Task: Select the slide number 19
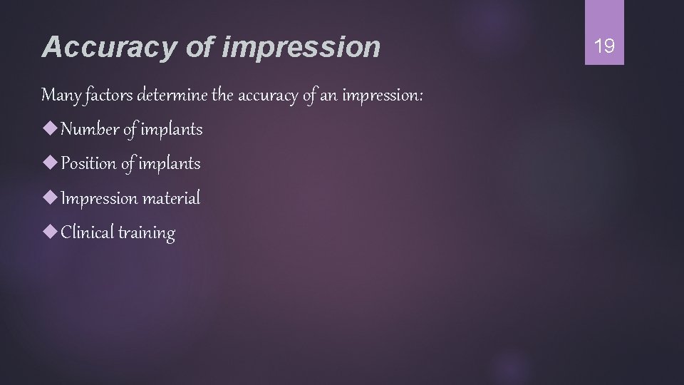604,47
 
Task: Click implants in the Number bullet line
172,130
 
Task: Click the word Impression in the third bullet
99,198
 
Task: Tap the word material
171,197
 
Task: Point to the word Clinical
87,232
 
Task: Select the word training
147,233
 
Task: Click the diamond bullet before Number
50,129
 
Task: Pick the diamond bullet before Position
50,163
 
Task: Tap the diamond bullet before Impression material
50,197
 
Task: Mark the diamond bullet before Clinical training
50,232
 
